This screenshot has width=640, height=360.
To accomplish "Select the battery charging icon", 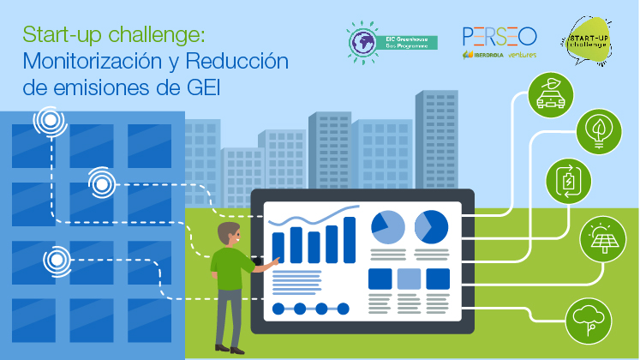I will pyautogui.click(x=567, y=182).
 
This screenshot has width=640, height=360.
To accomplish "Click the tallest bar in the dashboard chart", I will pyautogui.click(x=350, y=239).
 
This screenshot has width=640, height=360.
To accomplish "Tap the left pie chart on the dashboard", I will pyautogui.click(x=387, y=226).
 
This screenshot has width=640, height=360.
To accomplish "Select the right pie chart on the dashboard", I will pyautogui.click(x=432, y=226).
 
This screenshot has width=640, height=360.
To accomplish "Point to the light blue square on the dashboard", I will pyautogui.click(x=409, y=279).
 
